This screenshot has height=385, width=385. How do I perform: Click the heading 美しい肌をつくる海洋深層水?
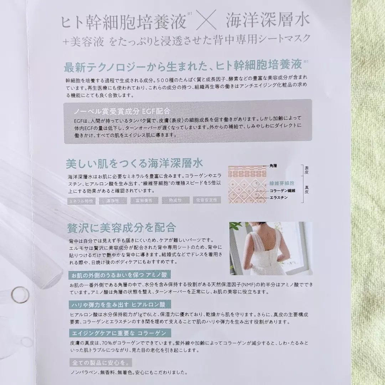(134, 164)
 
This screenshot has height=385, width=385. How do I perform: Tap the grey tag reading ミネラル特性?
(81, 200)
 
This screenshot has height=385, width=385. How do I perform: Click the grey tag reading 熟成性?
(175, 200)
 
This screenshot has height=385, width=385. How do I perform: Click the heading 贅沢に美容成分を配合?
(121, 227)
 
